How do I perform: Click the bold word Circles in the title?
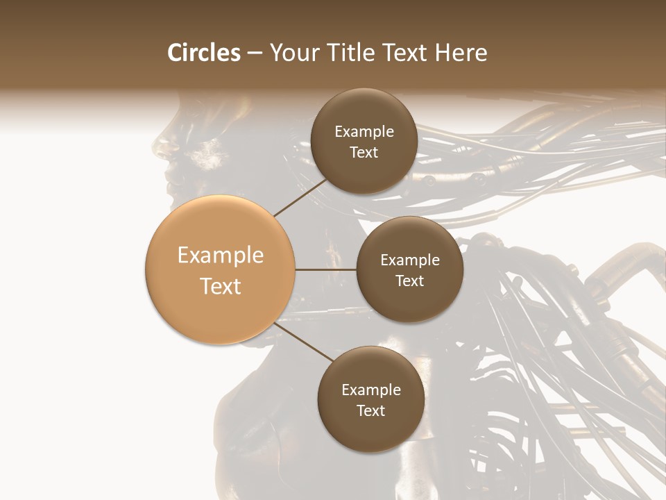203,53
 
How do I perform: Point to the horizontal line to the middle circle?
325,269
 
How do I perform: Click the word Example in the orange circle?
220,256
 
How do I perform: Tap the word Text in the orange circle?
220,286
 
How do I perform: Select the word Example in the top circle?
364,132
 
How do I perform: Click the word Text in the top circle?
364,152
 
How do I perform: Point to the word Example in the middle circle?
409,260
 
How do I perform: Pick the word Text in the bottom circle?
370,410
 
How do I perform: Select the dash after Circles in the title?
254,53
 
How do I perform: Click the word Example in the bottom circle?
370,390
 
